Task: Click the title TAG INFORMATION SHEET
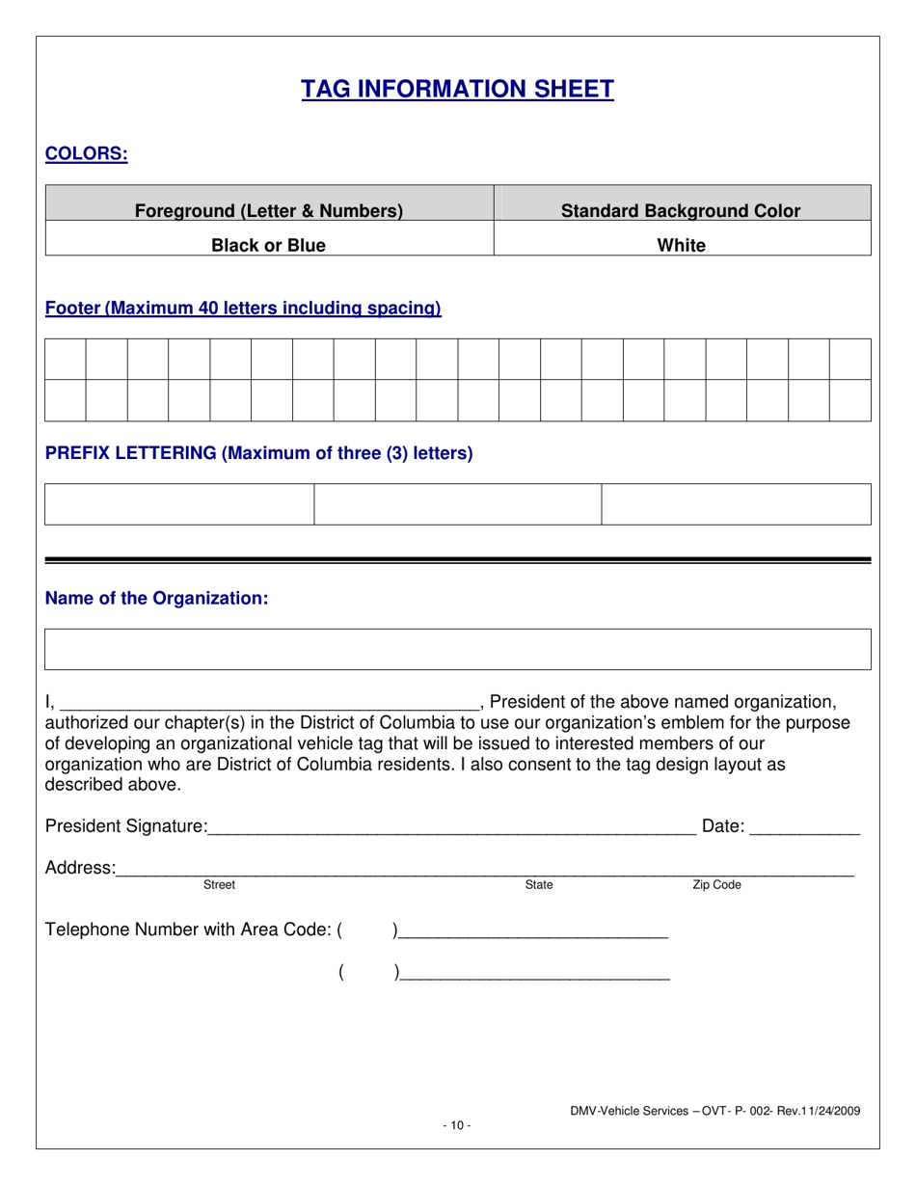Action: coord(457,90)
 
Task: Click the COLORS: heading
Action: coord(87,153)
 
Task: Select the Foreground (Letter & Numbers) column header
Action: coord(268,210)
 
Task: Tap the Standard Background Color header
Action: coord(681,210)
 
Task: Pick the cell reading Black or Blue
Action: coord(268,245)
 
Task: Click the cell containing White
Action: coord(681,245)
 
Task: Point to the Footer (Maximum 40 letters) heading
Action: coord(243,309)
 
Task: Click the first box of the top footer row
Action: coord(66,359)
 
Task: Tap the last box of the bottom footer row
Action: coord(849,400)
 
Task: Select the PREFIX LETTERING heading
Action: coord(258,453)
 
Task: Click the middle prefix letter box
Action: coord(458,504)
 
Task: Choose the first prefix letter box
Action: coord(179,504)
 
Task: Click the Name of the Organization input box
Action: coord(457,649)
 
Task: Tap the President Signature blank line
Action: coord(450,827)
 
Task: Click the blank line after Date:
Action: coord(804,827)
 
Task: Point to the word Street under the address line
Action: coord(219,885)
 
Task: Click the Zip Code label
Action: coord(716,885)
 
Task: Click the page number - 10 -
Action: coord(457,1125)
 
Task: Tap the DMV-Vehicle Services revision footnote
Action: coord(714,1111)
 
